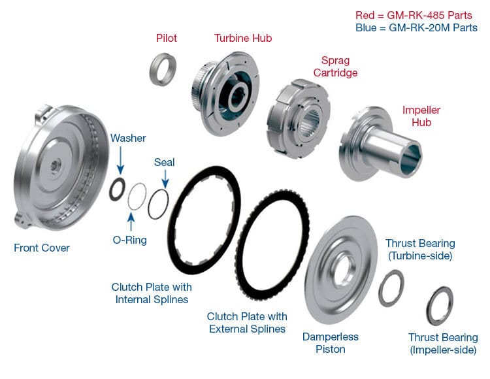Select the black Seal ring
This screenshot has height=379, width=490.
158,204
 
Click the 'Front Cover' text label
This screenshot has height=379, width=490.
42,248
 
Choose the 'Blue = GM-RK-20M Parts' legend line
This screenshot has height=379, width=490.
416,27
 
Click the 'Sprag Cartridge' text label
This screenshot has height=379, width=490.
335,67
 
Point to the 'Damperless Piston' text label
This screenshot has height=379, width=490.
331,343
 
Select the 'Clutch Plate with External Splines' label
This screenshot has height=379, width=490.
247,322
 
